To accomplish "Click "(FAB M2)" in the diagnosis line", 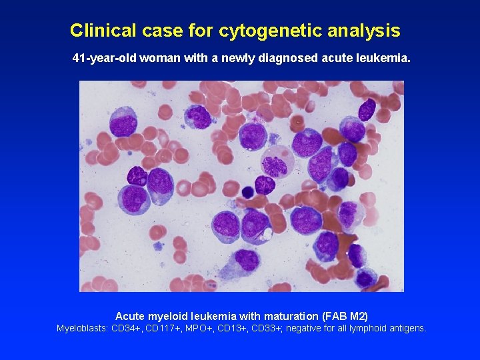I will pyautogui.click(x=345, y=315).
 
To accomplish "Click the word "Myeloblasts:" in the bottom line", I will pyautogui.click(x=83, y=328).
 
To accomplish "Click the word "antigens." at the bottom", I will pyautogui.click(x=407, y=328).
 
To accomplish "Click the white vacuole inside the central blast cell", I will pyautogui.click(x=268, y=234).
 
